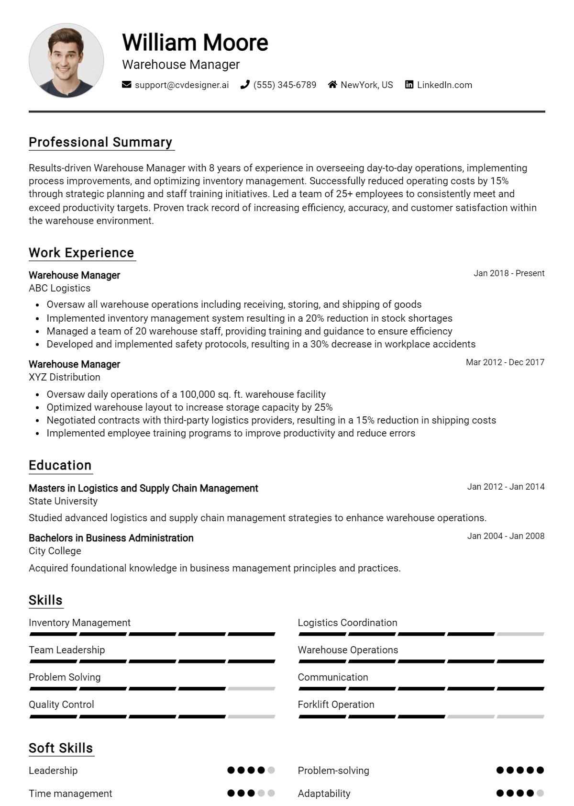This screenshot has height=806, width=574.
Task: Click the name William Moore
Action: point(195,43)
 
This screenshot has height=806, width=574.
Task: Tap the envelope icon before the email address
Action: point(127,85)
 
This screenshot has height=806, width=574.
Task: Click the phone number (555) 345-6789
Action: point(285,85)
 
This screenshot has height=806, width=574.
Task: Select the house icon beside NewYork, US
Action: point(332,85)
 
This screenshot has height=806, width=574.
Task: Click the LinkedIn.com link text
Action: point(444,85)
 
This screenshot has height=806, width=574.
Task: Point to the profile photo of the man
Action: point(66,61)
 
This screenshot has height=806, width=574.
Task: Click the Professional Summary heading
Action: point(100,142)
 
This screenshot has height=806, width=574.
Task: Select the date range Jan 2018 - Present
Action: point(509,273)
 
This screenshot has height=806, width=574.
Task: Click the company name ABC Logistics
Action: point(59,288)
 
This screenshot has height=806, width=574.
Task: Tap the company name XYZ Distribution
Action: point(65,377)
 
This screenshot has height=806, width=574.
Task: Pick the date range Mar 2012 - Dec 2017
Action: point(505,362)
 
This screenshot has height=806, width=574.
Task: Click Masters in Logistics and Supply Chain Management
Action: point(143,488)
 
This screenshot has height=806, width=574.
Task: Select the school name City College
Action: point(55,551)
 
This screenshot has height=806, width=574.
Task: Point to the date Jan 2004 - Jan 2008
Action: point(506,536)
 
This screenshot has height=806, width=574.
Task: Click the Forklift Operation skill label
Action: point(336,705)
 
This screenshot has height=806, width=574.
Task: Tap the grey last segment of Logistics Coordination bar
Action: point(520,634)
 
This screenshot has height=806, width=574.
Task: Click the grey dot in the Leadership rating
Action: point(271,770)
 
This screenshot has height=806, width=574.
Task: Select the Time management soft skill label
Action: point(70,794)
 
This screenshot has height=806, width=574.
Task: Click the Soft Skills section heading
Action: point(61,748)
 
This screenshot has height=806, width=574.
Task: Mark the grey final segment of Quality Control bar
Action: point(252,716)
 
